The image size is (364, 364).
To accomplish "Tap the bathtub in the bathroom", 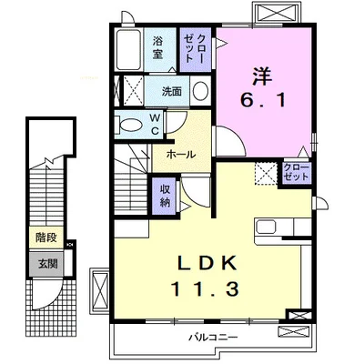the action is pyautogui.click(x=129, y=50).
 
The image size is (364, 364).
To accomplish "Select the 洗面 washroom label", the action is pyautogui.click(x=171, y=91).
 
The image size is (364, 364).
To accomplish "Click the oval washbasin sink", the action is pyautogui.click(x=200, y=90).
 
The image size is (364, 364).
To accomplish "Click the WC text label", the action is pyautogui.click(x=155, y=124).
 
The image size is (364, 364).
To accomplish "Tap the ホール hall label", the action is pyautogui.click(x=181, y=155).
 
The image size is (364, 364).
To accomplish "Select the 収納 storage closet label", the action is pyautogui.click(x=165, y=196).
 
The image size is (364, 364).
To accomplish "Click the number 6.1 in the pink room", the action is pyautogui.click(x=263, y=100).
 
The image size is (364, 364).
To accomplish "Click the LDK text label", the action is pyautogui.click(x=207, y=263).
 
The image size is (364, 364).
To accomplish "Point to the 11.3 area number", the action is pyautogui.click(x=205, y=288).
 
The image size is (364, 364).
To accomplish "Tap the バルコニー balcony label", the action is pyautogui.click(x=214, y=337).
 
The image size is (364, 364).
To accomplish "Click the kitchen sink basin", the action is pyautogui.click(x=266, y=227).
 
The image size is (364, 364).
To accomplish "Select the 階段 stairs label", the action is pyautogui.click(x=46, y=238).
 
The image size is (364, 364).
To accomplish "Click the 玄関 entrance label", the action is pyautogui.click(x=47, y=264).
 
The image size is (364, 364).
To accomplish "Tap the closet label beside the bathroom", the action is pyautogui.click(x=195, y=48).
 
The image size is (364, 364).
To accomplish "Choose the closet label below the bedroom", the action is pyautogui.click(x=296, y=172).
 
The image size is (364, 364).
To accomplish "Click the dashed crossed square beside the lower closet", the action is pyautogui.click(x=266, y=173).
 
